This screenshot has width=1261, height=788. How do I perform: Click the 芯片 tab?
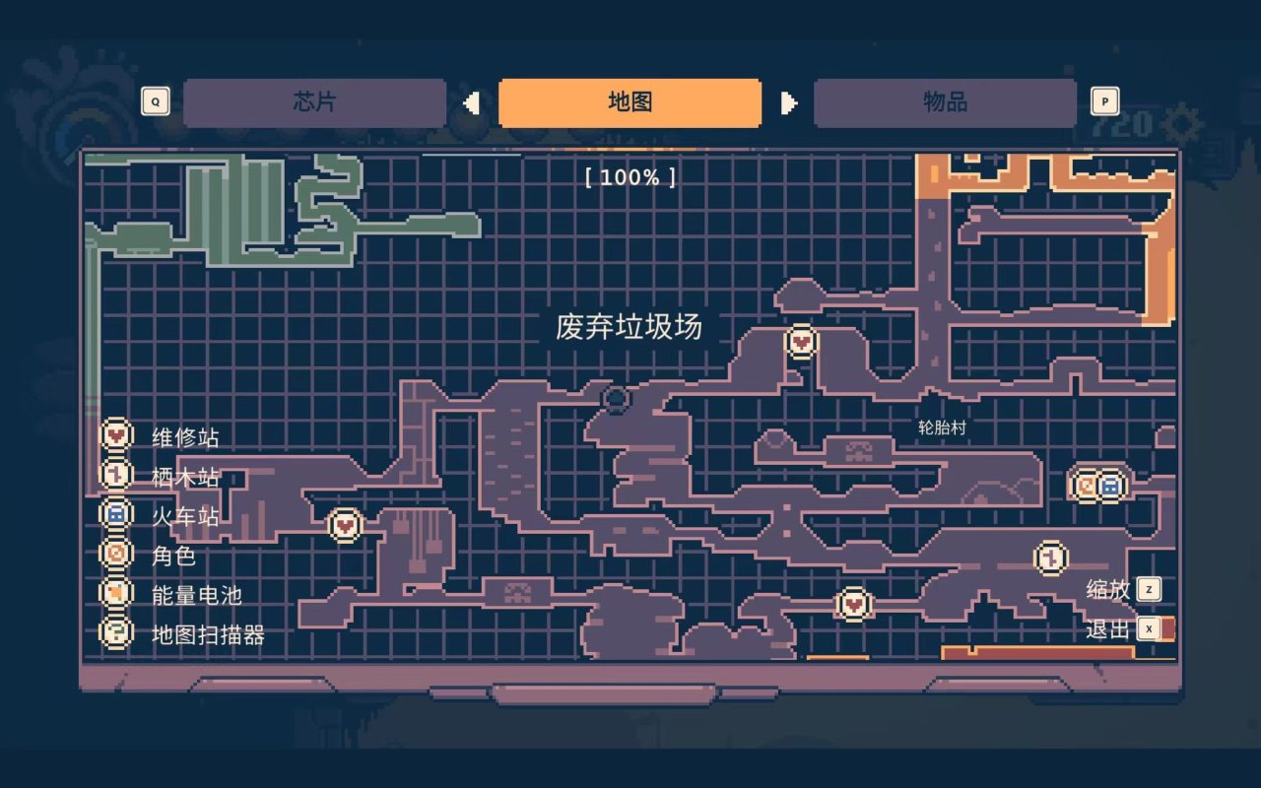[314, 102]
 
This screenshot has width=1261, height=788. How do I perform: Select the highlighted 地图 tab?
[630, 102]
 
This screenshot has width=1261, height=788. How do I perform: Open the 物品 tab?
[945, 102]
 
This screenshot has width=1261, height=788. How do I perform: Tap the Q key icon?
[155, 101]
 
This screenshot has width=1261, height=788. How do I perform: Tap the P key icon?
[1104, 101]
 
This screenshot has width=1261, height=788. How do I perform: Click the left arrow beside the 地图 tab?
[472, 102]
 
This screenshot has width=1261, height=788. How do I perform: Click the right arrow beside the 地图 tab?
[788, 102]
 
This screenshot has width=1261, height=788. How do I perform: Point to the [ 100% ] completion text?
[630, 177]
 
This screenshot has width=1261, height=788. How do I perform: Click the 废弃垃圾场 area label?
[629, 326]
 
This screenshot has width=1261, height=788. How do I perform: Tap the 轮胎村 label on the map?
[942, 427]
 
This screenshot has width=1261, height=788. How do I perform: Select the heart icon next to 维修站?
[116, 434]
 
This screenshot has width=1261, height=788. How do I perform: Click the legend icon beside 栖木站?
[116, 475]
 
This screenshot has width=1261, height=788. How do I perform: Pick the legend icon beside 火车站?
[116, 514]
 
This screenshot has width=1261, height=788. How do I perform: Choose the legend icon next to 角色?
[116, 554]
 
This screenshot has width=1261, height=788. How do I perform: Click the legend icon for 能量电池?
[116, 593]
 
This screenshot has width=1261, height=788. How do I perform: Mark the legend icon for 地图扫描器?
[116, 632]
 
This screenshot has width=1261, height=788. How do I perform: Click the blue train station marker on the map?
[1110, 485]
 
